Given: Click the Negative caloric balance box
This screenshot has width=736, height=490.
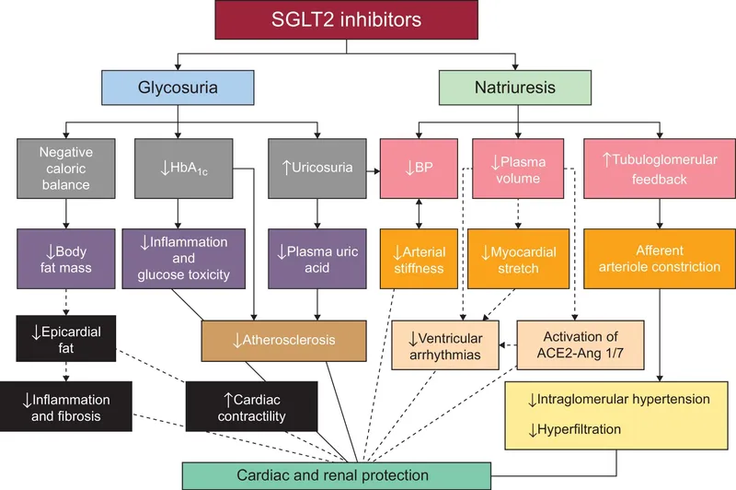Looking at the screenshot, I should click(65, 168).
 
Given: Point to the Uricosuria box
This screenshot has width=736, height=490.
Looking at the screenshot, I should click(316, 168).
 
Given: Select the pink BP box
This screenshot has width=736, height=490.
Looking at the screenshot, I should click(419, 168).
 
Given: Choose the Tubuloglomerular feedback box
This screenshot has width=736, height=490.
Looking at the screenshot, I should click(653, 168).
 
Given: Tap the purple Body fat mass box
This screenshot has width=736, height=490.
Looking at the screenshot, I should click(65, 259).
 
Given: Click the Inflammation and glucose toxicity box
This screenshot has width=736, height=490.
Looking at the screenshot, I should click(186, 259).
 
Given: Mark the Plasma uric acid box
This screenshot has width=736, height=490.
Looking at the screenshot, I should click(316, 259).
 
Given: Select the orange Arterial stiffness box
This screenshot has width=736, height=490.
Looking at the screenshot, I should click(419, 259).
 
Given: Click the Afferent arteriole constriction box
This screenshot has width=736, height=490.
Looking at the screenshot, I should click(653, 259).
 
